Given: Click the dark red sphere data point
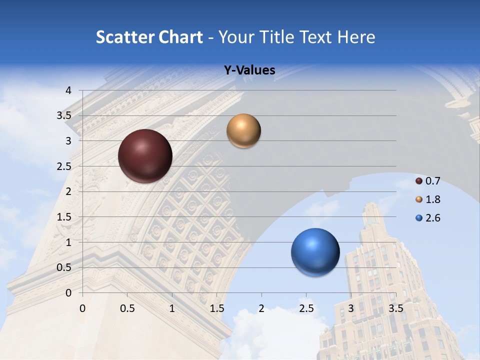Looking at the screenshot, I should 145,156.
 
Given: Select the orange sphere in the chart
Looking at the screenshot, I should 243,131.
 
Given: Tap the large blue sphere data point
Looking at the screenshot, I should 315,252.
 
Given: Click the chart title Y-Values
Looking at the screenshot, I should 249,70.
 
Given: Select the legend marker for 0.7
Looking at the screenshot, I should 419,181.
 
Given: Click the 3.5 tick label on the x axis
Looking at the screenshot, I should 395,308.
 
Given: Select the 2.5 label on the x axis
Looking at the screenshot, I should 306,308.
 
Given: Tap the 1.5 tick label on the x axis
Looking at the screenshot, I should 216,308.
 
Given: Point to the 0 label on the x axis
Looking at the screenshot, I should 82,308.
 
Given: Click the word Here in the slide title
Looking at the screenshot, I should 356,37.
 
